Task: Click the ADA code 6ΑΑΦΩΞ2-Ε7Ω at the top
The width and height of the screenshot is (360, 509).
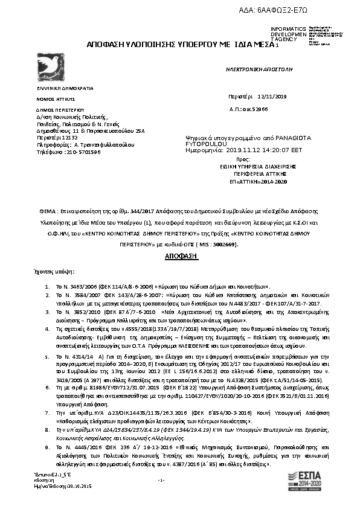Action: pos(295,11)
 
